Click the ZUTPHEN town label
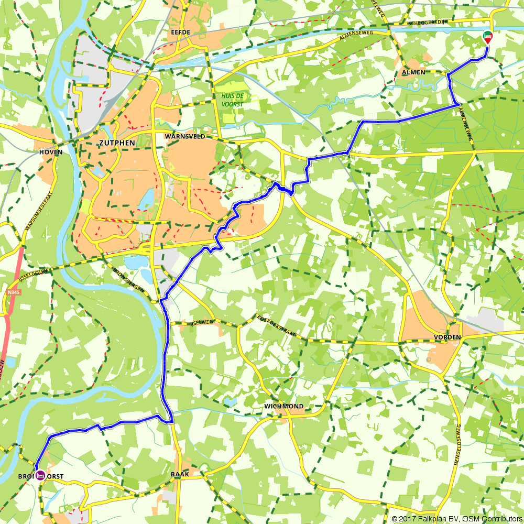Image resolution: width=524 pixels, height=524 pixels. (x=116, y=143)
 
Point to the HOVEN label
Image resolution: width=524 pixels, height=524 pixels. (x=51, y=152)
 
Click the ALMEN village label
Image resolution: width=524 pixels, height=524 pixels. (x=414, y=72)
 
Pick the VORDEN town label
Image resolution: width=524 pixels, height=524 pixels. (x=447, y=337)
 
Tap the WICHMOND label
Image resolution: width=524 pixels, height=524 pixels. (x=283, y=407)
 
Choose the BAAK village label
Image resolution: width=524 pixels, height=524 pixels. (x=180, y=474)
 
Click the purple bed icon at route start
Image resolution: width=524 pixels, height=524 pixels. (x=40, y=475)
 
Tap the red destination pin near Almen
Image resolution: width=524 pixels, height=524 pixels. (x=487, y=37)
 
